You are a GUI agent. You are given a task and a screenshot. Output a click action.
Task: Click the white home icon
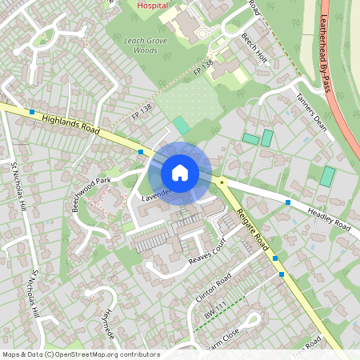179,173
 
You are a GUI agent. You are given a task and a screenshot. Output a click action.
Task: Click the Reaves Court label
209,255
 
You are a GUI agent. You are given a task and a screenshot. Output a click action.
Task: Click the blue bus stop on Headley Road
288,202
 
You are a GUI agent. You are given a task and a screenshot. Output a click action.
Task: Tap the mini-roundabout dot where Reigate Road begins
222,183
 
